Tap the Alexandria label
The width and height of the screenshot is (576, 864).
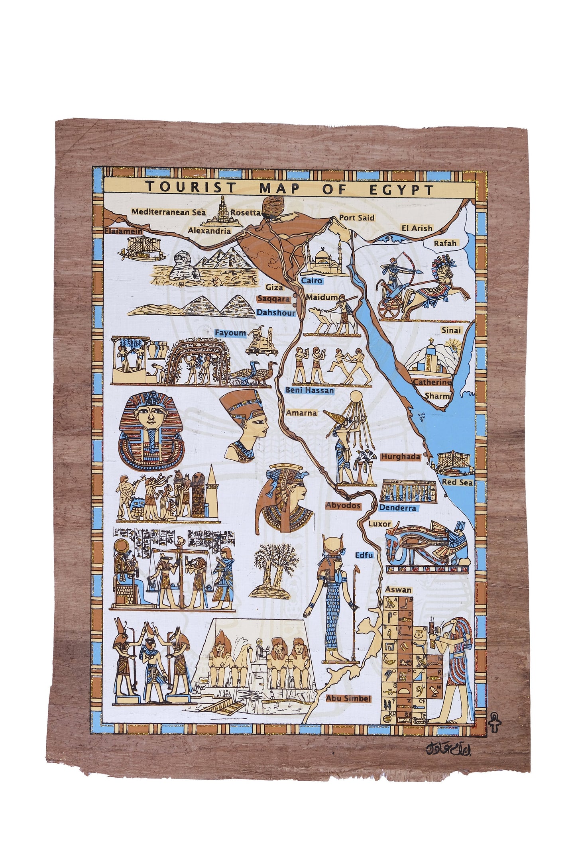click(x=209, y=230)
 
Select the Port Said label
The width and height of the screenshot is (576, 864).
click(x=357, y=218)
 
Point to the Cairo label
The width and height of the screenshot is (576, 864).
click(x=311, y=281)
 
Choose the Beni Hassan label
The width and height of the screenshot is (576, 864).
click(x=309, y=391)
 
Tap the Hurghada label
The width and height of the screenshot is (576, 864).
click(x=401, y=457)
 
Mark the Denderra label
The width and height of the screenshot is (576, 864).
click(x=397, y=508)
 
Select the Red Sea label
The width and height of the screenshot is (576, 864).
click(x=457, y=483)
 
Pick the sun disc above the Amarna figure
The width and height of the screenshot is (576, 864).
click(x=355, y=397)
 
